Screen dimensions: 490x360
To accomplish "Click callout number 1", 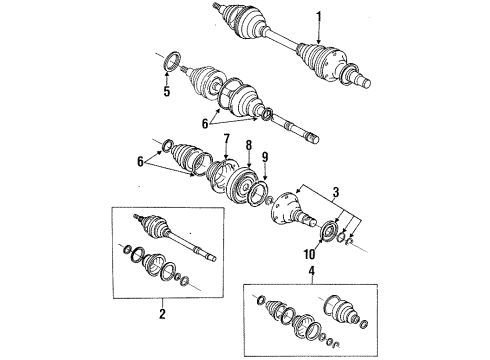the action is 319,16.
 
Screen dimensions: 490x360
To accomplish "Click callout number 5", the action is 167,94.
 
